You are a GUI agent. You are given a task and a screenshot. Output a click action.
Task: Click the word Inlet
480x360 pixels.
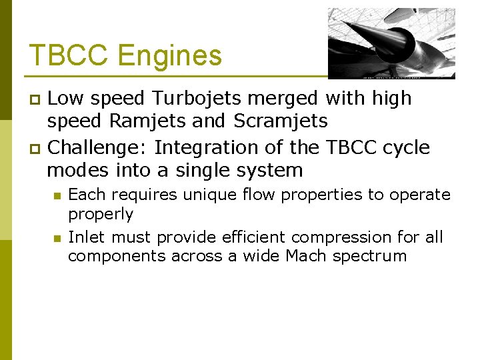pos(87,237)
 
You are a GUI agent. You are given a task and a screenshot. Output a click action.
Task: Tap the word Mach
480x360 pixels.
pos(309,256)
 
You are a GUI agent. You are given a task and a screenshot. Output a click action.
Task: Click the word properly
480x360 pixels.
pos(101,215)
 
